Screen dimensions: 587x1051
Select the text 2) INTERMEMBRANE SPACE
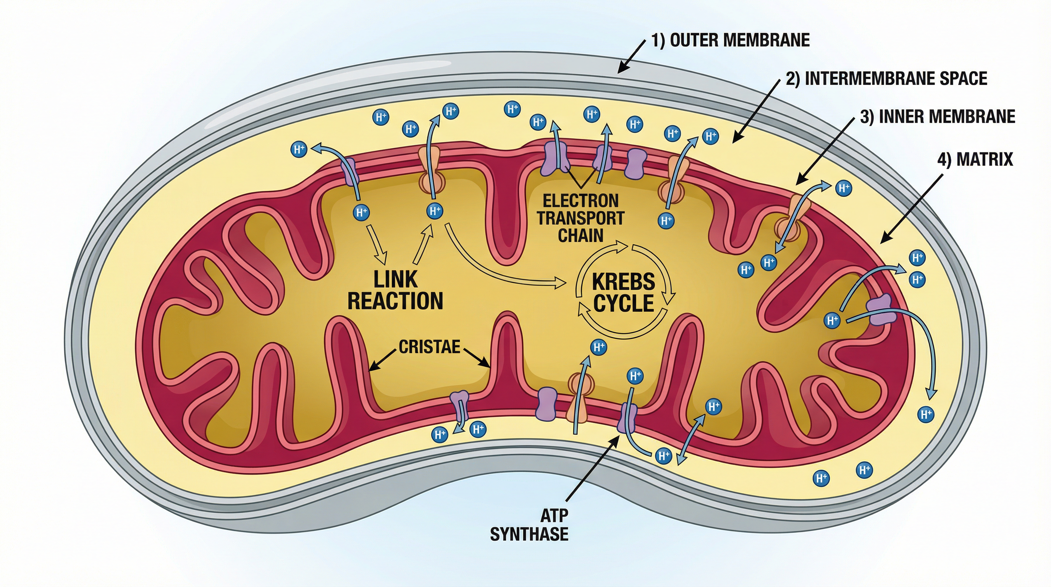pos(886,78)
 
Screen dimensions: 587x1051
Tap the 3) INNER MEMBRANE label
pos(937,117)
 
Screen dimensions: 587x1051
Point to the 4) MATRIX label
pos(975,159)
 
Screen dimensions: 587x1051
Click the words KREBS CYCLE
pos(623,292)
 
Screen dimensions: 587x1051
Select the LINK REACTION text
pos(395,290)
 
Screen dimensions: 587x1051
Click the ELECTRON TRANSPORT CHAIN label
pos(580,218)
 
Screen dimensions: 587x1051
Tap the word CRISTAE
pos(429,347)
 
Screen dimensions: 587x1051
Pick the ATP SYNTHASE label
pos(529,525)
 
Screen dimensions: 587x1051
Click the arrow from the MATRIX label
pos(912,208)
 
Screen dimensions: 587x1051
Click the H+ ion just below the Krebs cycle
pos(598,347)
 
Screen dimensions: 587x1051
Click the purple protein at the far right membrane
pos(879,310)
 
